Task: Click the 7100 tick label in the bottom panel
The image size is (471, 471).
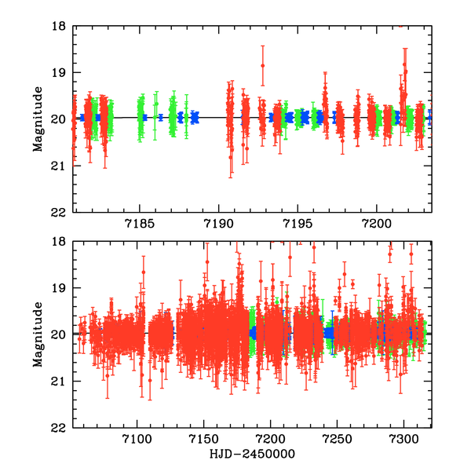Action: (137, 440)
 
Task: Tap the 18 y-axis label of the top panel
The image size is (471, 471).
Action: (60, 26)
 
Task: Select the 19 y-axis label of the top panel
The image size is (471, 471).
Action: (60, 72)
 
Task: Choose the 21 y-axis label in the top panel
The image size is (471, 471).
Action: (60, 166)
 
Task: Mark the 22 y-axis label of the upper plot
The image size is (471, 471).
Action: (60, 212)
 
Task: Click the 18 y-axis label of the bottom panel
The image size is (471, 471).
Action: (60, 242)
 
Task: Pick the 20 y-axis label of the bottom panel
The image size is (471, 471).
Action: (60, 335)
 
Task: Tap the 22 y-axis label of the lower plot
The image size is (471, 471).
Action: (60, 428)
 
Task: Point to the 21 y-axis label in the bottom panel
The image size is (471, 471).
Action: (60, 382)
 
